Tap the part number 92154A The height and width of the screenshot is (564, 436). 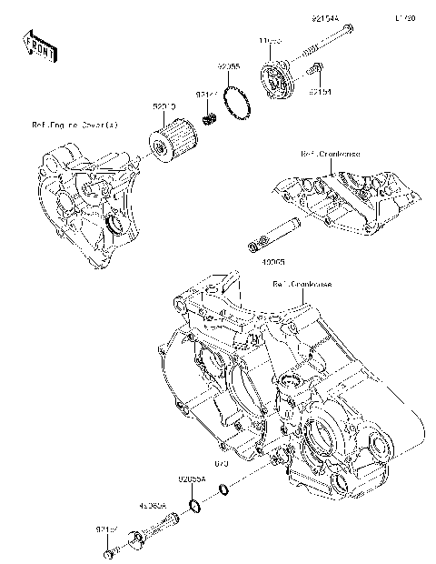point(324,18)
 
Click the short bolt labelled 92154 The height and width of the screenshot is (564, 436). point(316,67)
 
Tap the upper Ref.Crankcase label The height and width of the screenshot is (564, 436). point(330,155)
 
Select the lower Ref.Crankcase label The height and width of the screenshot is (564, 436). point(302,284)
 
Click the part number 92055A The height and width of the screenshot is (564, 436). point(192,477)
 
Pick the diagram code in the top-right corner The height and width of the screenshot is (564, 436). point(404,17)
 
